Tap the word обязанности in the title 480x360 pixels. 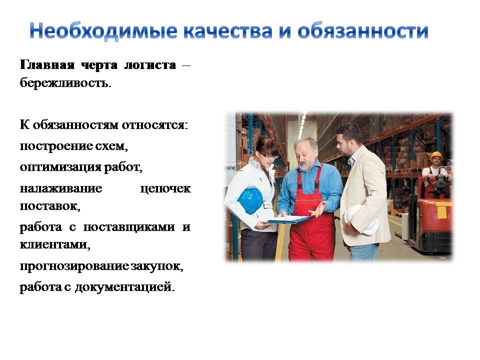point(363,31)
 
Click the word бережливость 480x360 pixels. point(65,82)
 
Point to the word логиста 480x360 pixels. point(150,65)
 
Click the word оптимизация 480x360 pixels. point(60,167)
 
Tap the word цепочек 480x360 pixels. point(165,189)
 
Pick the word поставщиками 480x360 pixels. point(129,227)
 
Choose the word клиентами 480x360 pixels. point(55,245)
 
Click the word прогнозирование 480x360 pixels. point(74,266)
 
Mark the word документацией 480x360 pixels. point(125,287)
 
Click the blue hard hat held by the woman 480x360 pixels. point(250,200)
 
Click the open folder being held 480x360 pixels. point(289,219)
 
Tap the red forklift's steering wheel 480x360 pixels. point(439,180)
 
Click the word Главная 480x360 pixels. point(47,65)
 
